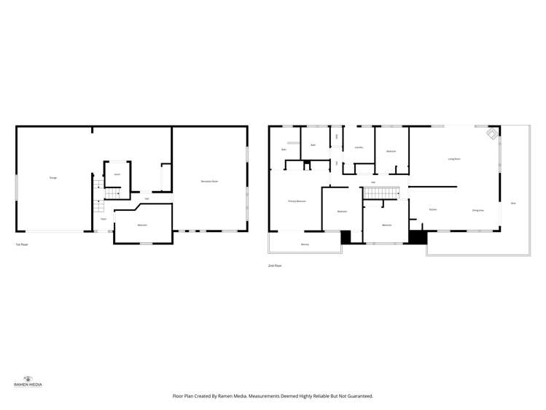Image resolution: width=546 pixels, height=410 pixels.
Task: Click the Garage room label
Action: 53,177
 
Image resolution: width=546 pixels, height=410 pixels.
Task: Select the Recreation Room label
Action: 209,181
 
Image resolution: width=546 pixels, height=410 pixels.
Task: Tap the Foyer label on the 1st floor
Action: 104,219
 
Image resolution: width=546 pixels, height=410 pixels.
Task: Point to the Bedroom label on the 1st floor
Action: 142,225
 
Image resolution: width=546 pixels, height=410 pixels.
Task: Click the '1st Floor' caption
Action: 22,244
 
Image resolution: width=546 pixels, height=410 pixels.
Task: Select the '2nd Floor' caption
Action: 274,266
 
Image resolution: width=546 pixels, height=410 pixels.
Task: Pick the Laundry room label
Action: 359,148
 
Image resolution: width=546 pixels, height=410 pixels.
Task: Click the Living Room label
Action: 453,158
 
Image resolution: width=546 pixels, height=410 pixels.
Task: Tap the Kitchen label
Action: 432,209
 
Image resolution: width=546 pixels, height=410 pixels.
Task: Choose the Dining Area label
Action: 477,210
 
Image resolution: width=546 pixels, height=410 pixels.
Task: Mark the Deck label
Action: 513,203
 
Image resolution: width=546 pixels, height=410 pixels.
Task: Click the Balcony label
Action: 305,244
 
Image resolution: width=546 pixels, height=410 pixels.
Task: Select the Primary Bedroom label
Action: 296,201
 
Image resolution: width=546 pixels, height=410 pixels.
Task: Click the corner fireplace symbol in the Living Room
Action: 493,134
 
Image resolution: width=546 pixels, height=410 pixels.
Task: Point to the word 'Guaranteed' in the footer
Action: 357,396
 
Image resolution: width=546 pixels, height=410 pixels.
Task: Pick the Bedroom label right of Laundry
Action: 391,152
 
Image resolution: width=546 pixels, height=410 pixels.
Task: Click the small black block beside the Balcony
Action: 346,237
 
